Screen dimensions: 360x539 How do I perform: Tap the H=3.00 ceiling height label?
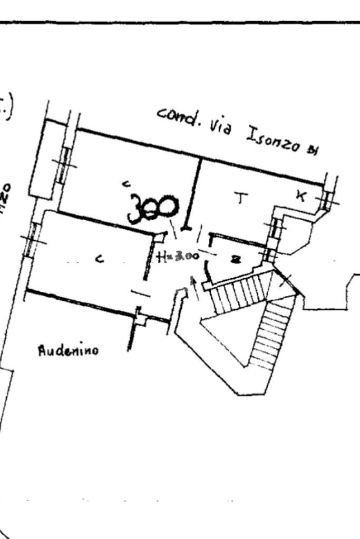(x=178, y=257)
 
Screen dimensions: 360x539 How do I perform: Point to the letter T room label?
(x=241, y=199)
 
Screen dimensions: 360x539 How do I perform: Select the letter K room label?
(x=300, y=196)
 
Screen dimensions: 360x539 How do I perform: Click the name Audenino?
(x=68, y=350)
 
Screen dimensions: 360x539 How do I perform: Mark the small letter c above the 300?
(x=126, y=183)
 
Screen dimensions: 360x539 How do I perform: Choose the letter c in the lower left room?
(x=100, y=258)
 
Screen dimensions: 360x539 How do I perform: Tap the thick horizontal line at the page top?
(x=180, y=23)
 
